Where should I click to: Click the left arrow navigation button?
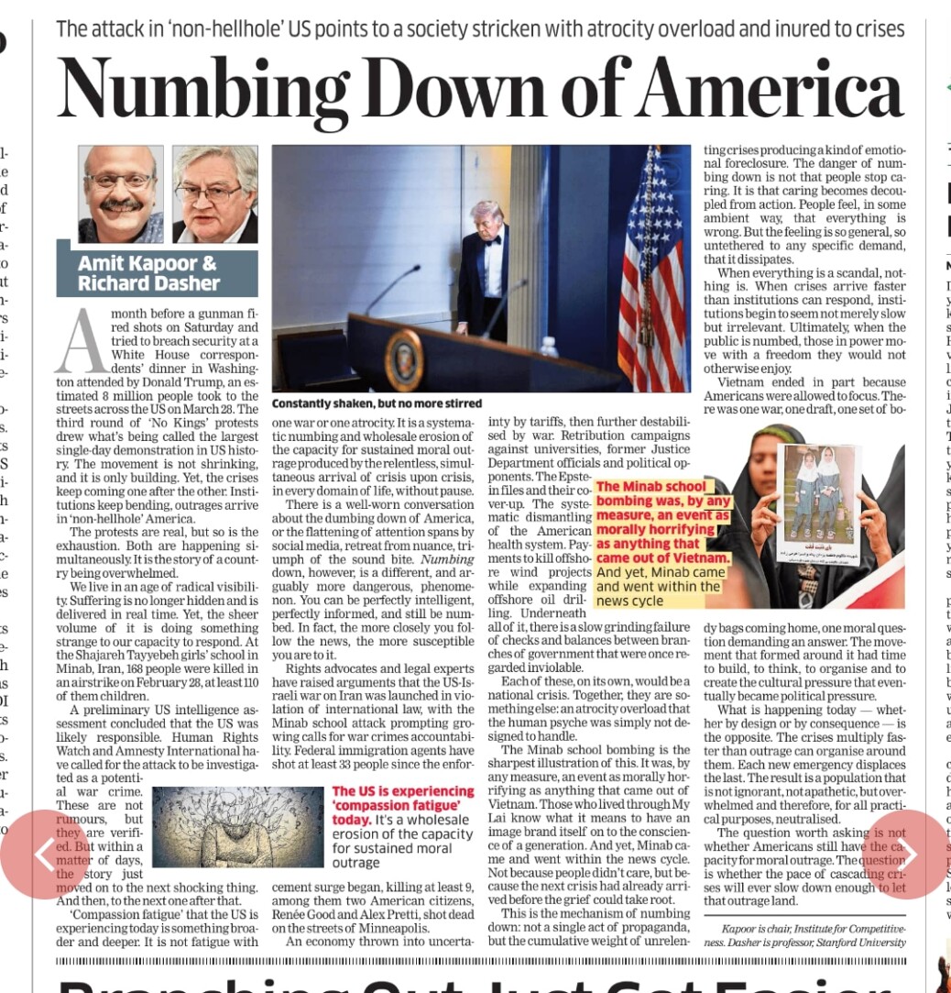[x=44, y=854]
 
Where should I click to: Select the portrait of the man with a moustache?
[x=121, y=193]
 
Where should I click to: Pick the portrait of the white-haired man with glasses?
[x=215, y=193]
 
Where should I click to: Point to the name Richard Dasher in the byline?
[x=148, y=283]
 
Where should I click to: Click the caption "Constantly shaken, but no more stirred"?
[x=377, y=403]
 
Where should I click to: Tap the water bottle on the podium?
[x=549, y=347]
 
